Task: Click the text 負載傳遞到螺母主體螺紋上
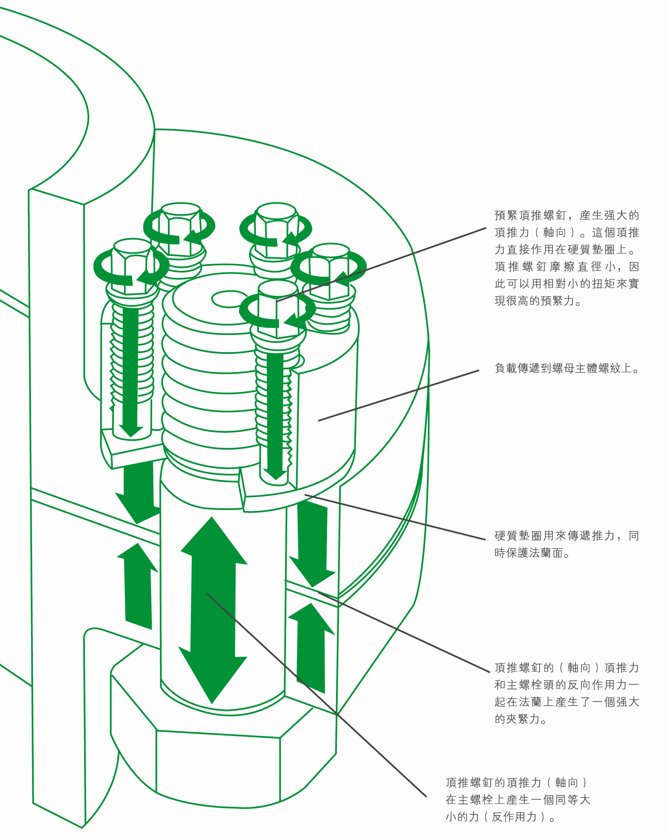(566, 368)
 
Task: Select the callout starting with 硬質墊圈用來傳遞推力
(566, 544)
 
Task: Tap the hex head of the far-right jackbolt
(331, 270)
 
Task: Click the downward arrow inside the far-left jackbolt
(131, 372)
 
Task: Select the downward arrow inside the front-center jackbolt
(275, 415)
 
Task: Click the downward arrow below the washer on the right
(312, 544)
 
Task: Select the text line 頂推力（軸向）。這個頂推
(566, 232)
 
